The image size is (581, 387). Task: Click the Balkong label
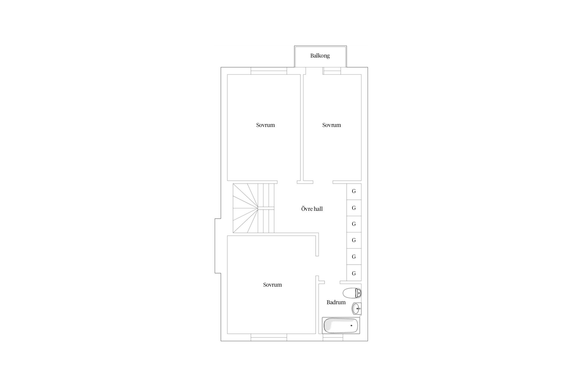click(320, 56)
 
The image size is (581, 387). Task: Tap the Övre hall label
click(312, 209)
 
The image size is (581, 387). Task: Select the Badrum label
click(336, 302)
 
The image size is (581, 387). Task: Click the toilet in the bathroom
click(352, 293)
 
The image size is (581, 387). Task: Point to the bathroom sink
click(356, 309)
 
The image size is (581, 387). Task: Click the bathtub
click(341, 326)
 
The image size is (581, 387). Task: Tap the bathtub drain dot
click(351, 326)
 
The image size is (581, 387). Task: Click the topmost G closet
click(354, 191)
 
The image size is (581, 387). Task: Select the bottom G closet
click(354, 273)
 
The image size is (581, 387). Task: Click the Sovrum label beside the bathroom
click(272, 285)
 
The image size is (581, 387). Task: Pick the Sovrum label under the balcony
click(332, 125)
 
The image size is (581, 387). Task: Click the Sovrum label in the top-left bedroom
click(265, 125)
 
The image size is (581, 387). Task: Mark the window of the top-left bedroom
click(269, 71)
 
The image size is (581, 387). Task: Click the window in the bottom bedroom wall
click(269, 337)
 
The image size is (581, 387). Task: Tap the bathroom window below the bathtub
click(333, 337)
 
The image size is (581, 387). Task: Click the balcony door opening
click(314, 71)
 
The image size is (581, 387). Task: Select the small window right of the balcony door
click(332, 71)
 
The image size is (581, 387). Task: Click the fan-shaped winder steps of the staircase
click(245, 208)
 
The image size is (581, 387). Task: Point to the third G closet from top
click(354, 224)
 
